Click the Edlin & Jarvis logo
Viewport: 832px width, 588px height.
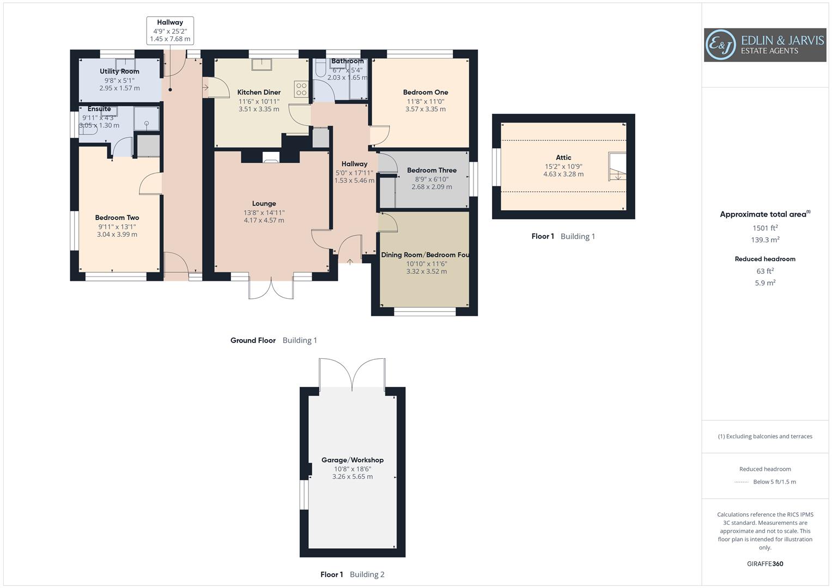click(764, 45)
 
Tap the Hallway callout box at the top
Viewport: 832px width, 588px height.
click(170, 30)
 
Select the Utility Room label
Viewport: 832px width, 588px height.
click(119, 71)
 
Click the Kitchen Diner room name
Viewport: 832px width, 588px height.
click(259, 92)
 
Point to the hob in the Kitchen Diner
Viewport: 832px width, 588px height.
click(301, 89)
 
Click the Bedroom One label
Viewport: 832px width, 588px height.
click(426, 92)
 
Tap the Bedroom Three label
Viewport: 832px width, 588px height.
click(432, 170)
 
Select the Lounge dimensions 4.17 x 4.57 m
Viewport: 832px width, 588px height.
click(264, 220)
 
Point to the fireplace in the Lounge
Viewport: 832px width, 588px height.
click(271, 158)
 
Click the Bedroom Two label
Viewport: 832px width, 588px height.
click(117, 217)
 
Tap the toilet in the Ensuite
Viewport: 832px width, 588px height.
click(89, 130)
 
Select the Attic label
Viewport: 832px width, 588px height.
click(563, 157)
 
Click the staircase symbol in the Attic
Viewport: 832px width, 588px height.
click(617, 167)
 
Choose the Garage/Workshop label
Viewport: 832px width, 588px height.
click(353, 460)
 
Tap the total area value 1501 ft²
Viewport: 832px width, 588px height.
click(765, 228)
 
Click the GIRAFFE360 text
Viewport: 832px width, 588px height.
click(765, 563)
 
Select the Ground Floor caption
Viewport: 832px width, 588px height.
click(253, 340)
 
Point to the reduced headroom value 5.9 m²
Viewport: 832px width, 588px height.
click(765, 283)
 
